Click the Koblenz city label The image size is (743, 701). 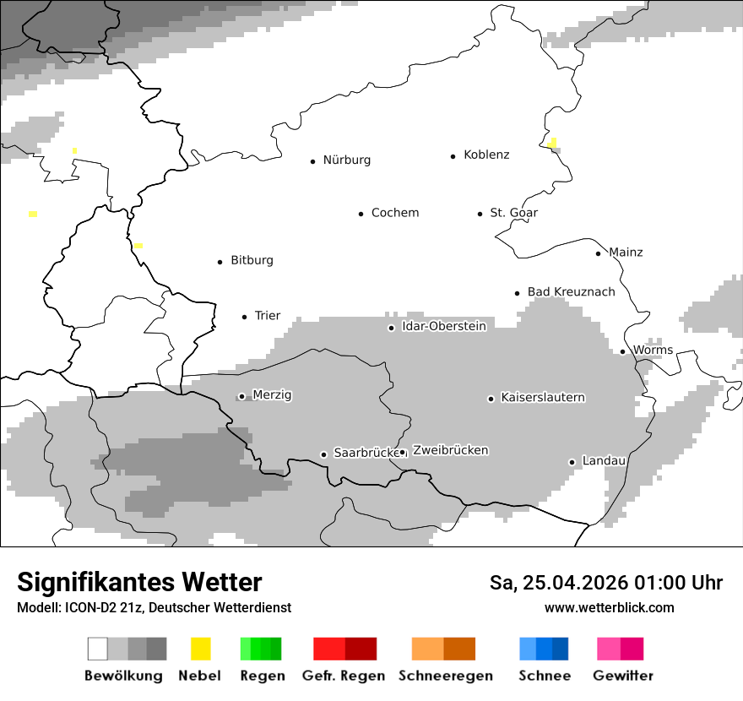[486, 155]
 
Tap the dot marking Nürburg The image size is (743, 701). [312, 160]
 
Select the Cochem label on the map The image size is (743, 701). [394, 213]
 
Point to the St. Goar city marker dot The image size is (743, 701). [480, 214]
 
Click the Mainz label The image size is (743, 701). [626, 253]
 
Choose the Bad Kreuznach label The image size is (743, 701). [571, 292]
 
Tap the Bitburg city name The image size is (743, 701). [252, 261]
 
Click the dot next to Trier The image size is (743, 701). [244, 317]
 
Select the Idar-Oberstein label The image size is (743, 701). [444, 327]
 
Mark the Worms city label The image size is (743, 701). [653, 350]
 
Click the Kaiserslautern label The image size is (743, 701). [542, 398]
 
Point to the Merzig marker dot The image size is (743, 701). [241, 396]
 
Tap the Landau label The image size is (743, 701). [604, 461]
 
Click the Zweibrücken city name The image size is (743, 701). [450, 451]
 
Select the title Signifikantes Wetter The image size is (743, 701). [139, 582]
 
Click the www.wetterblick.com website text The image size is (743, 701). [609, 608]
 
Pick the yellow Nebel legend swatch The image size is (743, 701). [200, 649]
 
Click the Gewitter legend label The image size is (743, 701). [622, 676]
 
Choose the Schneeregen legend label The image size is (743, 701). [445, 676]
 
